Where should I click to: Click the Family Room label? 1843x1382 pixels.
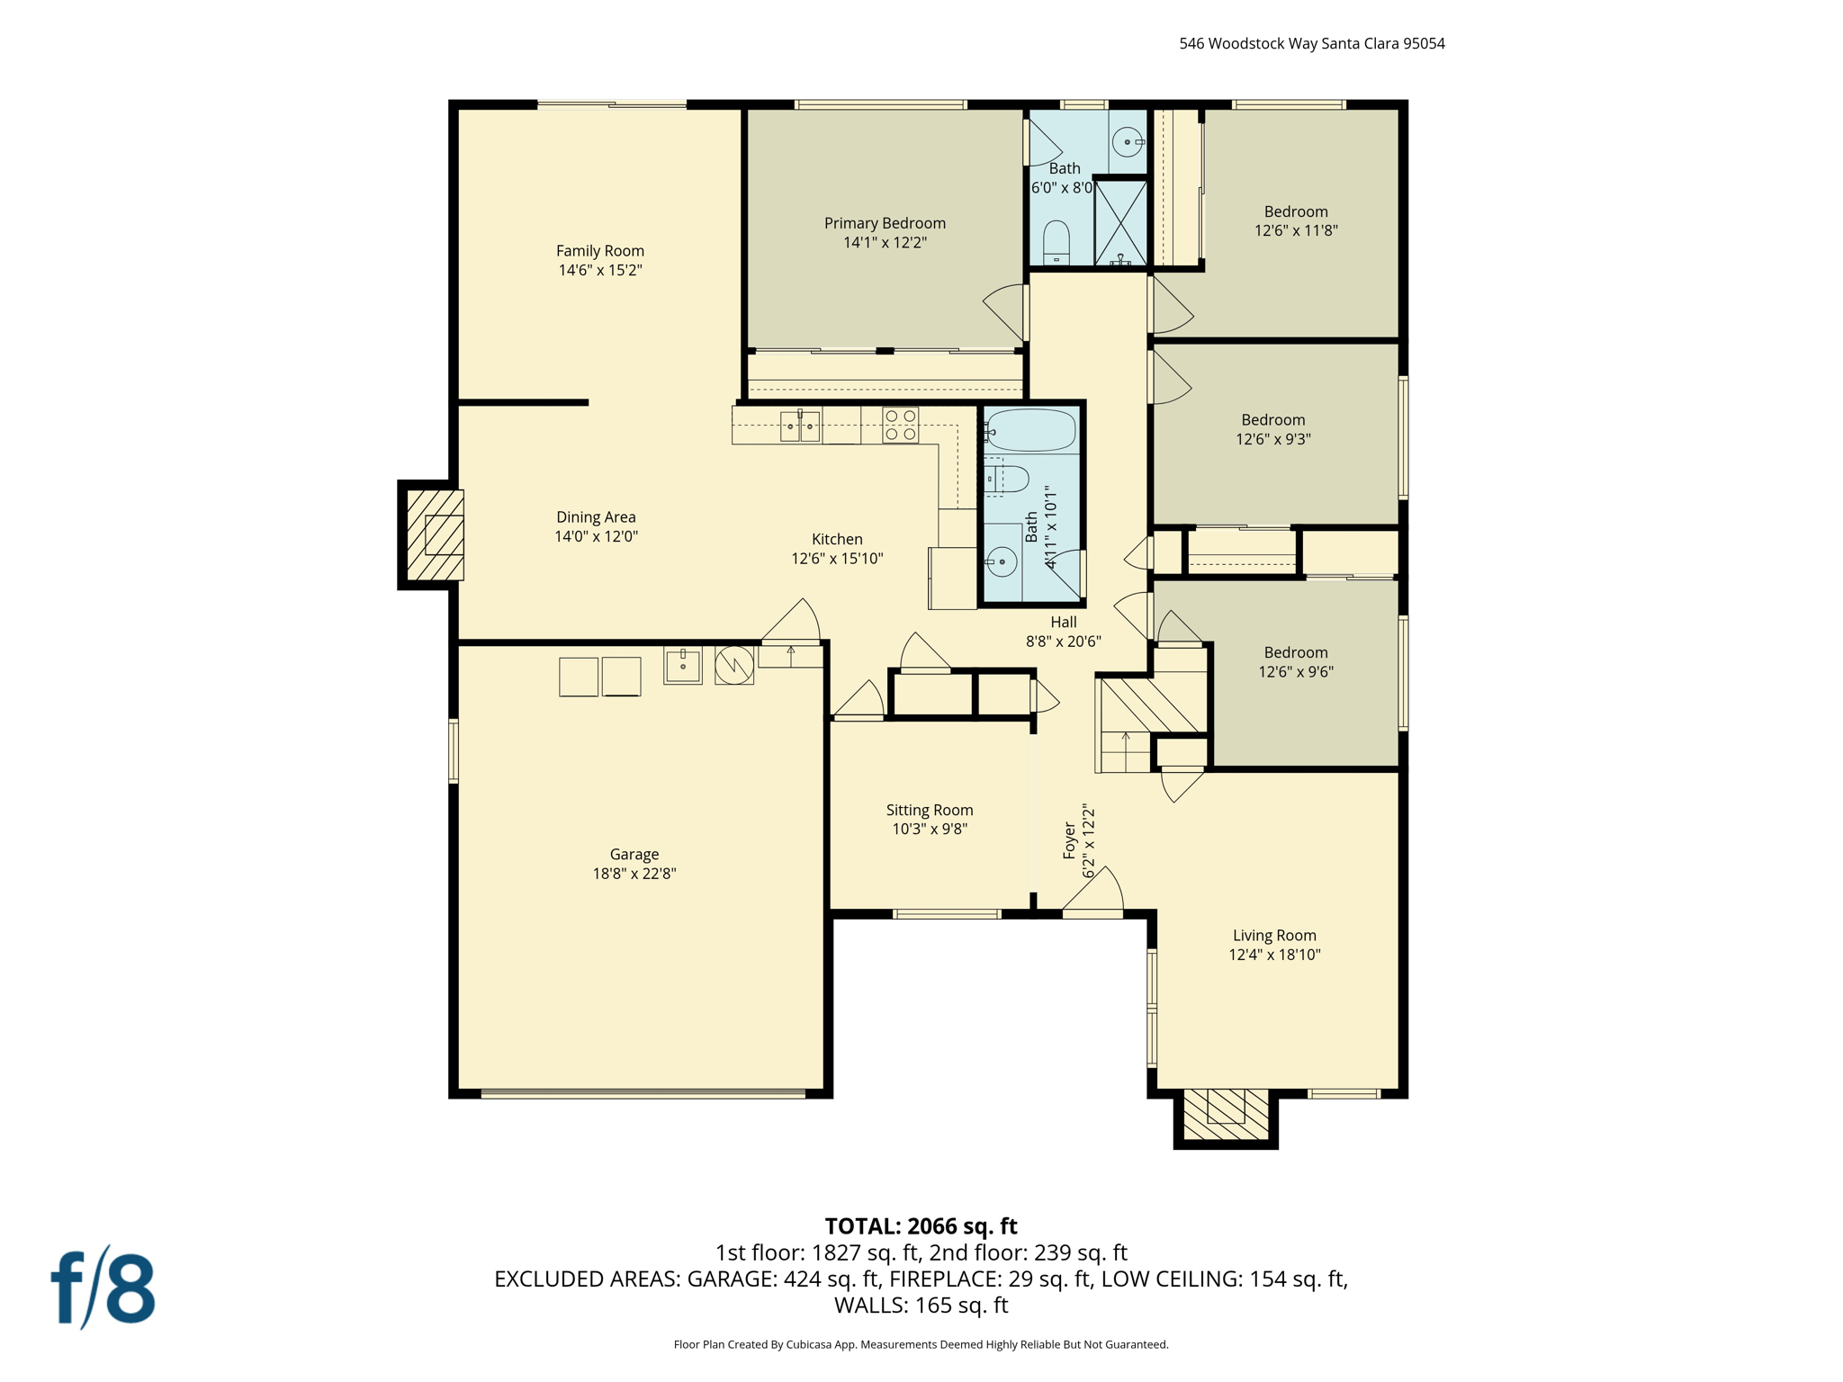point(599,251)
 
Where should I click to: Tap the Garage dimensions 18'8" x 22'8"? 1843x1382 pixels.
point(634,874)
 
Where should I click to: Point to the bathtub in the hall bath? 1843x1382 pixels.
point(1031,431)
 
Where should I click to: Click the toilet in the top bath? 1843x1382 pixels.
point(1056,243)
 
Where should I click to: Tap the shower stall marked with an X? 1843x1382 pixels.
point(1120,222)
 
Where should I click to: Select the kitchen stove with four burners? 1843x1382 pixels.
point(900,426)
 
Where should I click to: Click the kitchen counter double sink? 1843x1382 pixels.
point(799,426)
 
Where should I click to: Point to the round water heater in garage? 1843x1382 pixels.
point(734,666)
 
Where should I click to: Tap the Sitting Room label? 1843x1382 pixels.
point(929,810)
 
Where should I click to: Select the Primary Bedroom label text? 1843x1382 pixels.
point(885,223)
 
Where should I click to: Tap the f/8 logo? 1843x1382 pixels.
point(103,1288)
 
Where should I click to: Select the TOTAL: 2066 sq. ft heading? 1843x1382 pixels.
point(921,1226)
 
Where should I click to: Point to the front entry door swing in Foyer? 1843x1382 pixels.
point(1096,893)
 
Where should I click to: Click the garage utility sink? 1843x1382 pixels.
point(683,666)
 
